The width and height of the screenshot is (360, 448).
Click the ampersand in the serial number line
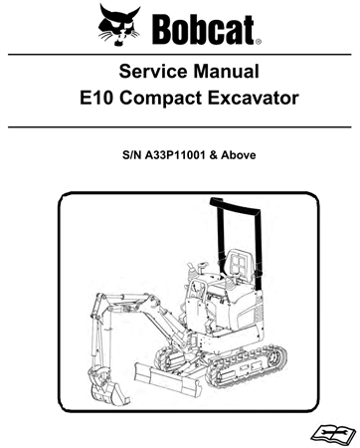pos(222,156)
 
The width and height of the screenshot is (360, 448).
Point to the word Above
pos(248,156)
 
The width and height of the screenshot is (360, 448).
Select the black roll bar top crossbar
pos(232,203)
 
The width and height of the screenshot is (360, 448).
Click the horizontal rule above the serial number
pos(180,126)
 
